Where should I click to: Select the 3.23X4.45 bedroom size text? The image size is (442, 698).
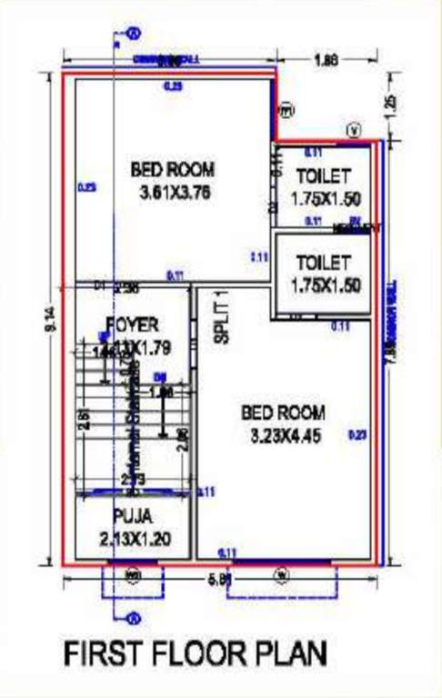283,436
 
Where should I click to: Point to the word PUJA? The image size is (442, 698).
133,517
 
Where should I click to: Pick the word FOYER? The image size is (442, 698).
132,324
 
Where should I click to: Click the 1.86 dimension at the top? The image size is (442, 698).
325,61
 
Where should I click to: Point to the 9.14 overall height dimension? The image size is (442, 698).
50,318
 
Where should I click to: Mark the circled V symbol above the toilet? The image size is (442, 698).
354,131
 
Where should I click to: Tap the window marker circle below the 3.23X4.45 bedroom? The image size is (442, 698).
281,573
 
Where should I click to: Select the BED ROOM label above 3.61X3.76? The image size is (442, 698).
173,169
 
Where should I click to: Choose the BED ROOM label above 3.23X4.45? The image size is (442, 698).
283,413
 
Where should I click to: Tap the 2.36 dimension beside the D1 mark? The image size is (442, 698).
127,288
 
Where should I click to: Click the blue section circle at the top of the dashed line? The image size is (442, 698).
134,34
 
